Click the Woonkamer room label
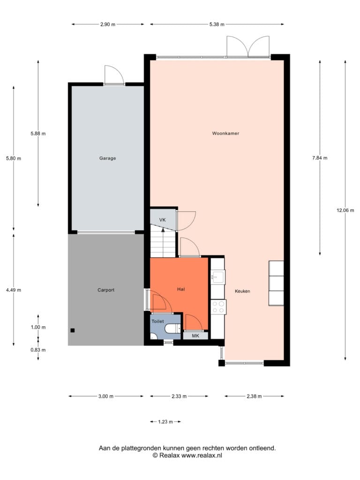tap(225, 133)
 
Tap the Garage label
tap(107, 158)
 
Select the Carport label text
tap(106, 290)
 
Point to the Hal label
tap(181, 289)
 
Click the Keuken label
tap(242, 291)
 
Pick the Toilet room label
tap(157, 322)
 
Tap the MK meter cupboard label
tap(195, 336)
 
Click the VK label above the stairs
tap(163, 220)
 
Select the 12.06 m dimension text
tap(345, 210)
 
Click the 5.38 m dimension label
tap(217, 24)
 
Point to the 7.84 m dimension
tap(320, 158)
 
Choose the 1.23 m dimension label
tap(165, 422)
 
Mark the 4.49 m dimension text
tap(14, 290)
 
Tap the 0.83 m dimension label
tap(38, 350)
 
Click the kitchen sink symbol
tap(218, 277)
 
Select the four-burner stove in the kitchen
tap(218, 307)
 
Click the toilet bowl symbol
tap(173, 329)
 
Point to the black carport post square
tap(73, 330)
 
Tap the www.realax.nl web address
tap(202, 456)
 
